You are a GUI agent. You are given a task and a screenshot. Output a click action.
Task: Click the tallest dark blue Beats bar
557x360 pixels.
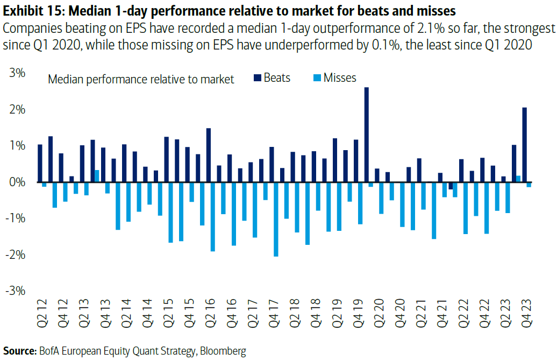pyautogui.click(x=366, y=135)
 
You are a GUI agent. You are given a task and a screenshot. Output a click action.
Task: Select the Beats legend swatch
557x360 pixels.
pyautogui.click(x=258, y=78)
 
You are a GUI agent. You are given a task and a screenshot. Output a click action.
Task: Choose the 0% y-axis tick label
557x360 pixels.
pyautogui.click(x=18, y=182)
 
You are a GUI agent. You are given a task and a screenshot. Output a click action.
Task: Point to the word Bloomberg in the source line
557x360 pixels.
pyautogui.click(x=223, y=351)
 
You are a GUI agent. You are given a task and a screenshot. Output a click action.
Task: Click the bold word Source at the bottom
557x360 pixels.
pyautogui.click(x=18, y=351)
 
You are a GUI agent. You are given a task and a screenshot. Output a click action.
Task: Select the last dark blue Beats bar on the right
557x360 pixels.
pyautogui.click(x=525, y=145)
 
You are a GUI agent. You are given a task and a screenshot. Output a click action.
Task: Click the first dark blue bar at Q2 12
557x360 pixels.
pyautogui.click(x=40, y=163)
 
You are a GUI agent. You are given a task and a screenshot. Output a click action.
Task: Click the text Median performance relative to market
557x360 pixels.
pyautogui.click(x=141, y=80)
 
